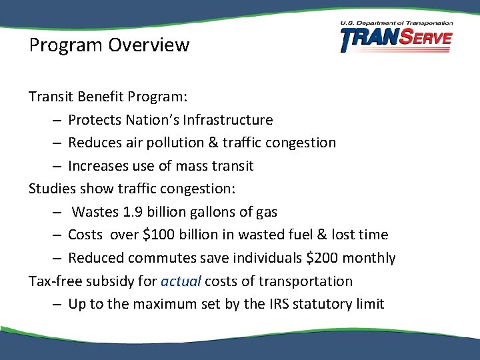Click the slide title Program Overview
click(109, 45)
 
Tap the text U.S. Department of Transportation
click(396, 23)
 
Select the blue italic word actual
click(181, 281)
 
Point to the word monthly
click(373, 258)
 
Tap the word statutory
click(322, 304)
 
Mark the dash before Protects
click(56, 121)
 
